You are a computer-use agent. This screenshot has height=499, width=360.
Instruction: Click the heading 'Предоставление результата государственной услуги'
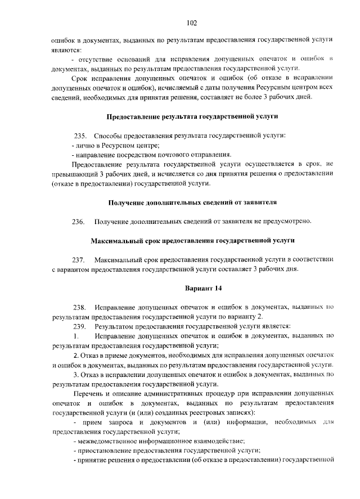[192, 116]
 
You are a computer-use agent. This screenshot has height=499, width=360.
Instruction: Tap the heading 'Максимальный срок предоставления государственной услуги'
[192, 240]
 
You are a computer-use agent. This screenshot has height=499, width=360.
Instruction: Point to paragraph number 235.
[80, 136]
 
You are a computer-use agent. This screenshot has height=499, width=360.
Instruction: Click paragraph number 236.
[79, 221]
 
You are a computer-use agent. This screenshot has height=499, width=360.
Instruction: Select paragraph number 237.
[79, 259]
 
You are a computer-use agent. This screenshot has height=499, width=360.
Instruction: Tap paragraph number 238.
[79, 307]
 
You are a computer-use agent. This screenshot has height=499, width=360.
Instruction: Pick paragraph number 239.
[79, 326]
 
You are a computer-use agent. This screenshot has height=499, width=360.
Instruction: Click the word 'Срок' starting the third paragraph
[81, 78]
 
